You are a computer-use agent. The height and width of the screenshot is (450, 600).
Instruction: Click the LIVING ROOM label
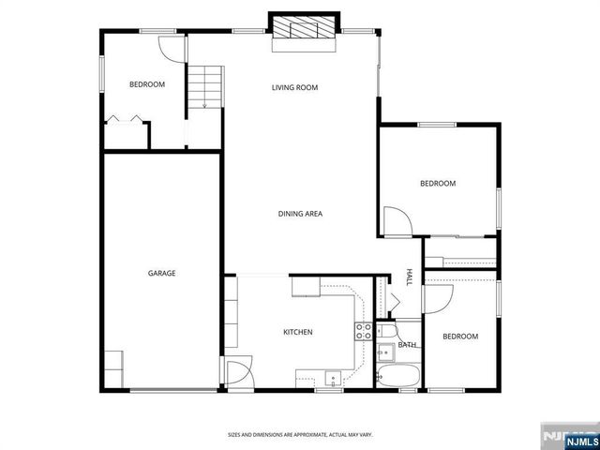294,88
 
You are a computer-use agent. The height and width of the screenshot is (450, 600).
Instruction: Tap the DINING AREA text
300,214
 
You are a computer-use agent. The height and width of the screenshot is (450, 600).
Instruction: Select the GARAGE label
161,274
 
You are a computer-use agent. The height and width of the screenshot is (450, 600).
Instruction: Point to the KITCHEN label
298,332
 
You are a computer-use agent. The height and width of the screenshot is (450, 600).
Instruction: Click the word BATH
407,345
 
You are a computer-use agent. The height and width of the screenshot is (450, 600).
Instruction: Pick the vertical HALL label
410,277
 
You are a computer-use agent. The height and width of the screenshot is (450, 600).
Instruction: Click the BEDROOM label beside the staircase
146,85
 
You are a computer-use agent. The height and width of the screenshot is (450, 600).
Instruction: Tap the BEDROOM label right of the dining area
437,184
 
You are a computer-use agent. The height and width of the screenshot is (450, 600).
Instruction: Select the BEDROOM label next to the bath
460,337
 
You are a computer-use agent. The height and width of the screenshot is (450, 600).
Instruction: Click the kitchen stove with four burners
363,331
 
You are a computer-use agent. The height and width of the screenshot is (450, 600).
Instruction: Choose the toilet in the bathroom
387,334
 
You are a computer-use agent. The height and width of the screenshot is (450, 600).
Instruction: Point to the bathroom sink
383,352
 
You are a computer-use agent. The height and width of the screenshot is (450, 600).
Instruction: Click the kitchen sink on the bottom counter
332,380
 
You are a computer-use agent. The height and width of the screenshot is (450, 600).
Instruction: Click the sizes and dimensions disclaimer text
300,434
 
